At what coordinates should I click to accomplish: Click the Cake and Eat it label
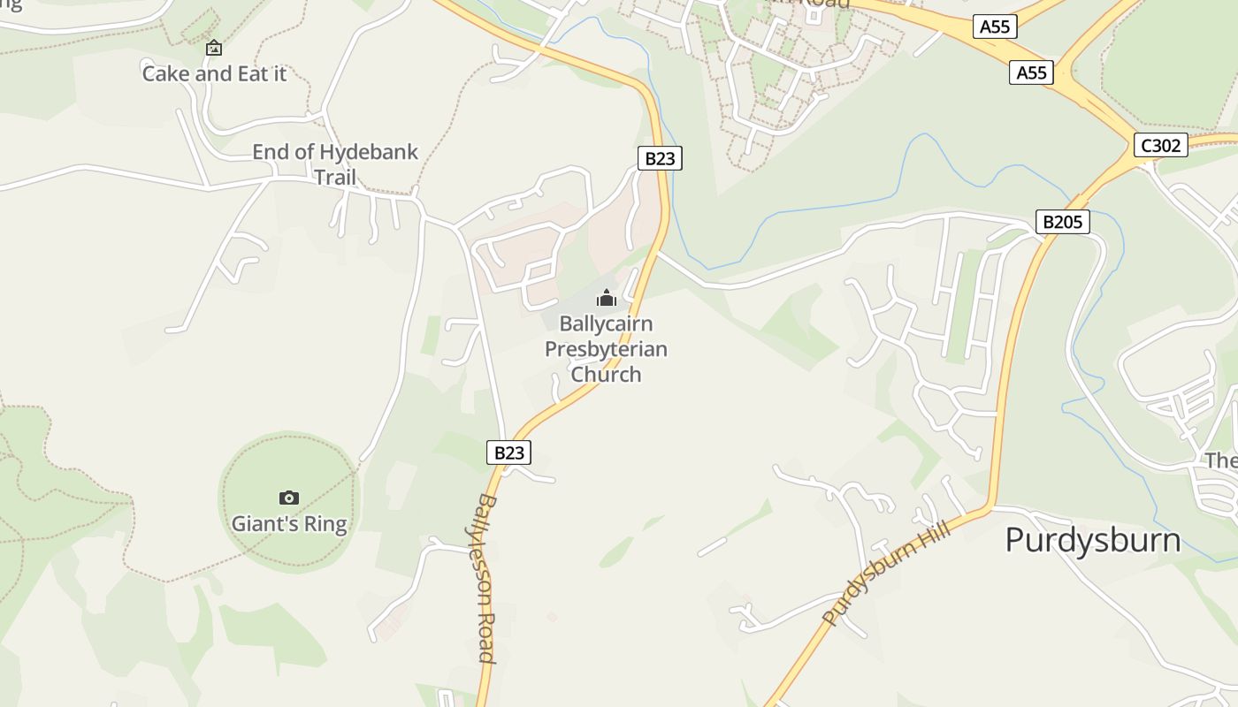[x=214, y=73]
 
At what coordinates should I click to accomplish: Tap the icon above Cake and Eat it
[x=213, y=48]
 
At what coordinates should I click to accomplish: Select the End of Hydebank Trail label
[x=335, y=164]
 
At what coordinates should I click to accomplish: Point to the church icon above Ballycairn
[x=606, y=298]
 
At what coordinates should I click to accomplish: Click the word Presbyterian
[x=606, y=349]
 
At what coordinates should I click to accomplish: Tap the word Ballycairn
[x=606, y=324]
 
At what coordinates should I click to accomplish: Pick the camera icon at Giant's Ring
[x=288, y=498]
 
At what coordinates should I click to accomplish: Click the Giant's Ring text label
[x=289, y=524]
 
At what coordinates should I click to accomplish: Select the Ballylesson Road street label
[x=486, y=578]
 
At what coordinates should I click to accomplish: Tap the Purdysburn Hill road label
[x=886, y=573]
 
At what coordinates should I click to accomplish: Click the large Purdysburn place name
[x=1092, y=540]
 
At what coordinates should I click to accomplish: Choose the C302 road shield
[x=1160, y=145]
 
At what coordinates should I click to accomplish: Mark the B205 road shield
[x=1062, y=222]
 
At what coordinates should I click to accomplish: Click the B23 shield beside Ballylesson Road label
[x=509, y=452]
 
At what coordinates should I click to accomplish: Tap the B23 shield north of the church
[x=660, y=158]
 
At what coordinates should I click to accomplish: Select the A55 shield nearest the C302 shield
[x=1031, y=72]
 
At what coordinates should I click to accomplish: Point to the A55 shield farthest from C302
[x=995, y=27]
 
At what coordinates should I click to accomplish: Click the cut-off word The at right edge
[x=1221, y=460]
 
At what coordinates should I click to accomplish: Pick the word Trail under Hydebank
[x=335, y=178]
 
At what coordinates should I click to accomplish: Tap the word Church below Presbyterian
[x=606, y=374]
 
